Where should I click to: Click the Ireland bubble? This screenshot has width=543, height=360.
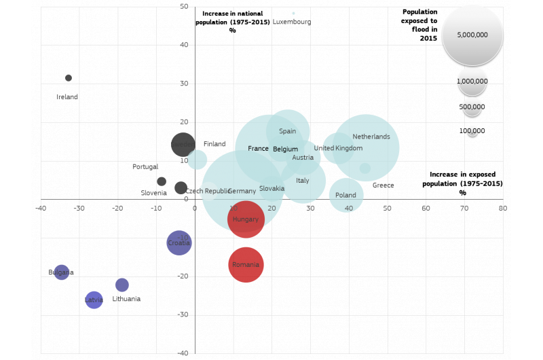[69, 78]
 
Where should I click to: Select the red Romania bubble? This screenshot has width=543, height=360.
[246, 265]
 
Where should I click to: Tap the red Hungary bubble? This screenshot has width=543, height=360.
[246, 219]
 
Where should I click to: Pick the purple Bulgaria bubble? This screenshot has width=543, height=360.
[61, 272]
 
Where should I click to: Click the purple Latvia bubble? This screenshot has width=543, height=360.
[94, 300]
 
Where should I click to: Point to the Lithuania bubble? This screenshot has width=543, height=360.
[122, 285]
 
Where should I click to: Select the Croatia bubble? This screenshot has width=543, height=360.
[179, 242]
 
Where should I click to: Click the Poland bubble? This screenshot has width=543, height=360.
[346, 196]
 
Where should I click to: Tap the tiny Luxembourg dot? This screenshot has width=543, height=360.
[293, 13]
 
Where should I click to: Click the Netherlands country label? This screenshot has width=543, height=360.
[371, 137]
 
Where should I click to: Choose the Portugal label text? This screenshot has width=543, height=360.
[145, 166]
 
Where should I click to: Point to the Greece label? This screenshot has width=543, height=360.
[383, 185]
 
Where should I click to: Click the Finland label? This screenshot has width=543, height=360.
[214, 144]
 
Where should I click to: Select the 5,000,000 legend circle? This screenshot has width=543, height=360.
[472, 35]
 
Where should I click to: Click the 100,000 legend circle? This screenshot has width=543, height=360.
[472, 131]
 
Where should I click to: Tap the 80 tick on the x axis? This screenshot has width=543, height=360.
[503, 208]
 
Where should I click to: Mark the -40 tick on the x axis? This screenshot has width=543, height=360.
[41, 208]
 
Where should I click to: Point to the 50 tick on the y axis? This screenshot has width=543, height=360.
[184, 7]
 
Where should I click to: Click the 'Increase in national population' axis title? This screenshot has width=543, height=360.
[233, 22]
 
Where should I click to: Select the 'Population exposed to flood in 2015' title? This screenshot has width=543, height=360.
[419, 25]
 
